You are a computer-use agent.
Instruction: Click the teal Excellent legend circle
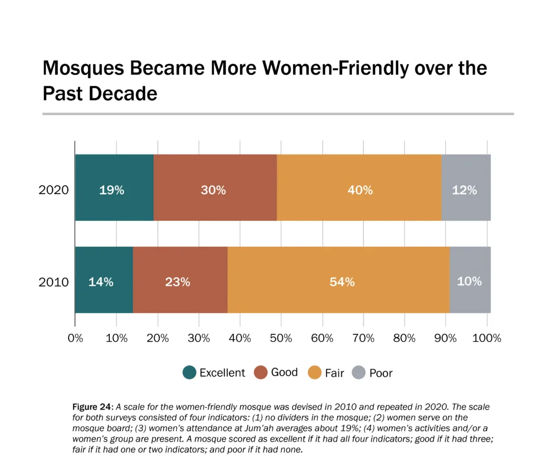pos(189,372)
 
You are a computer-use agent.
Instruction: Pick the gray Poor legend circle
pos(358,372)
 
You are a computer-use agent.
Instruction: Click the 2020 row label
pos(53,190)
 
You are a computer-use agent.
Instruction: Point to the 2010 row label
pos(53,282)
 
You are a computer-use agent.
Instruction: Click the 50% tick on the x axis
pos(281,338)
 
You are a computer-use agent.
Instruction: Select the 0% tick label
pos(75,338)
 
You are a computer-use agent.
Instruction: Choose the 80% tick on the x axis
pos(405,338)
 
